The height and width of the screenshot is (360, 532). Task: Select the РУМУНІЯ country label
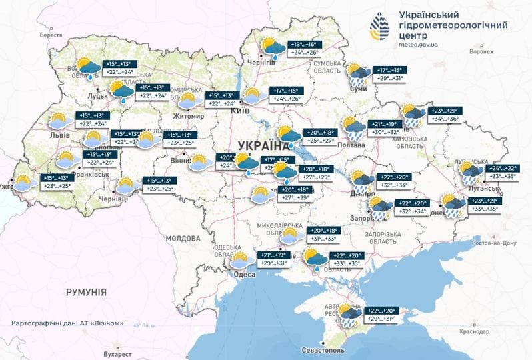pyautogui.click(x=86, y=291)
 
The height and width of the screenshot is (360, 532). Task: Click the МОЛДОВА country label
pyautogui.click(x=181, y=238)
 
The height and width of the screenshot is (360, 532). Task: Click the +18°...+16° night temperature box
pyautogui.click(x=304, y=43)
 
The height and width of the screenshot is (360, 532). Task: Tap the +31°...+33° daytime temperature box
pyautogui.click(x=324, y=239)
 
